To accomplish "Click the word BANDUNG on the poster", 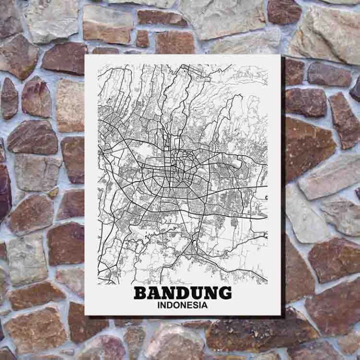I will [182, 292].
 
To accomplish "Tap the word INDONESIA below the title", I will [182, 304].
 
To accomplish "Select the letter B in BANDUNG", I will [141, 292].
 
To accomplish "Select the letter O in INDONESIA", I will [178, 304].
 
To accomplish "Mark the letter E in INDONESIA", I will [191, 304].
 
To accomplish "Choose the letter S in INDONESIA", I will [197, 304].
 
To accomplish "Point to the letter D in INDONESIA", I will [171, 304].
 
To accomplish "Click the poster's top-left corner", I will [85, 55].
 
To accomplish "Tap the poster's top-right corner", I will [280, 55].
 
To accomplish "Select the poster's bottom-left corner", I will [85, 314].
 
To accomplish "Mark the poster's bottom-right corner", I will [280, 314].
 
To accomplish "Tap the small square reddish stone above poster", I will [142, 38].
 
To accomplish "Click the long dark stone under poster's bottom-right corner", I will [260, 334].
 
